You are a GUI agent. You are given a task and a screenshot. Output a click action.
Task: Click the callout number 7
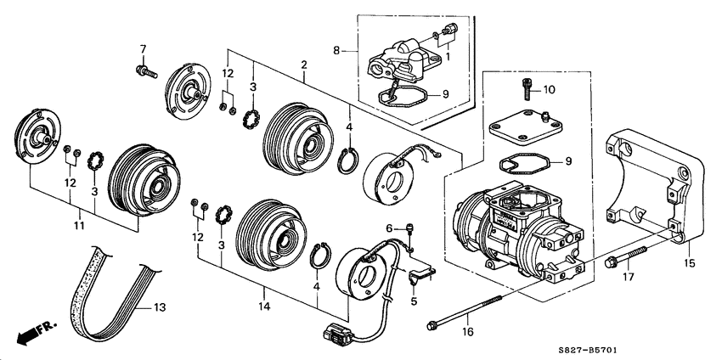coord(143,48)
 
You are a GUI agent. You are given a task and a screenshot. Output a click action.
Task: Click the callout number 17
coord(629,276)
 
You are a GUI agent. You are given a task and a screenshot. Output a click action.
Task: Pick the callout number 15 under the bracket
coord(689,264)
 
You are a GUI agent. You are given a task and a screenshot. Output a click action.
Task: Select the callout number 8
coord(339,52)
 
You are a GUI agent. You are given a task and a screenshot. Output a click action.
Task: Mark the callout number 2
coord(304,65)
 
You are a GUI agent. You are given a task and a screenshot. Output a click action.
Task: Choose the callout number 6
coord(391,228)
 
